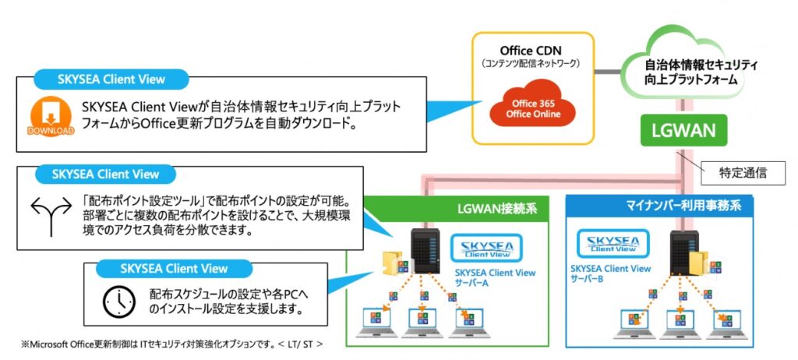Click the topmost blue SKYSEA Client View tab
(110, 79)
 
